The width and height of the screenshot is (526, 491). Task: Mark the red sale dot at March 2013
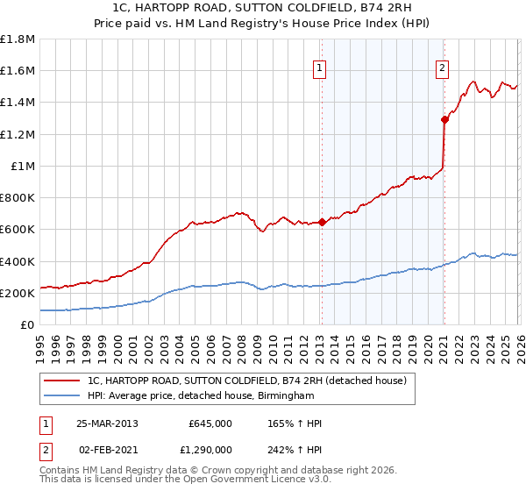tap(321, 222)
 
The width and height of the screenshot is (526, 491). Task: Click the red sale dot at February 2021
tap(444, 120)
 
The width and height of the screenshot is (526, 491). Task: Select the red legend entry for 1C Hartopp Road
tap(246, 381)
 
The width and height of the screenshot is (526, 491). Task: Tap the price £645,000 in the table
tap(210, 423)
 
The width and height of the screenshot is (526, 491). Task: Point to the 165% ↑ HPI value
tap(295, 423)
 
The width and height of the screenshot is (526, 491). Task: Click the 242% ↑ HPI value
tap(295, 449)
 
